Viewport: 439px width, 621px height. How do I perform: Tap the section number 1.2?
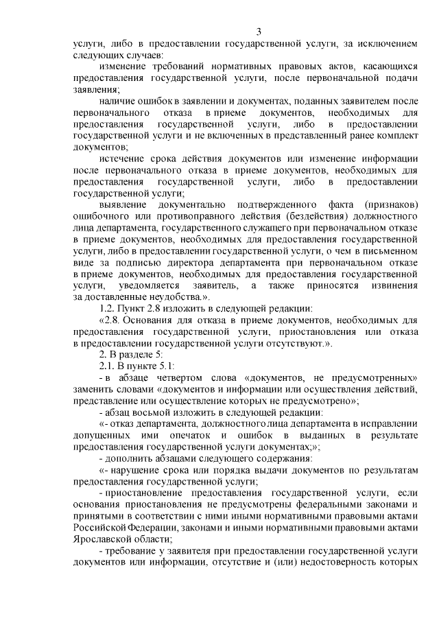pos(109,308)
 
